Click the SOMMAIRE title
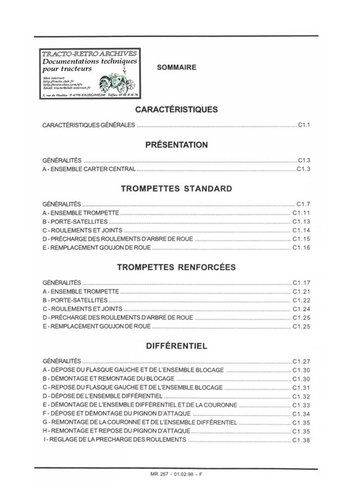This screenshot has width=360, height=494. click(x=176, y=67)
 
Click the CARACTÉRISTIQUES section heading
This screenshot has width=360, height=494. click(x=176, y=109)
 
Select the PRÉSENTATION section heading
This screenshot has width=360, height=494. click(x=176, y=145)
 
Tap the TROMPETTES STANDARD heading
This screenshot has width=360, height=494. click(x=176, y=189)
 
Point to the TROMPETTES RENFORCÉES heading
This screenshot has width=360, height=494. click(x=176, y=267)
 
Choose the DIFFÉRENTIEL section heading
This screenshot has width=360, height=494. click(x=176, y=347)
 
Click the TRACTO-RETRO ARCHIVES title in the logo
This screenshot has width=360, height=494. click(x=89, y=53)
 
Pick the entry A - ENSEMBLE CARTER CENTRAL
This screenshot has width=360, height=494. click(x=89, y=169)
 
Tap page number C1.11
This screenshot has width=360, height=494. click(x=301, y=213)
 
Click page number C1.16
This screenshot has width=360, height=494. click(x=301, y=248)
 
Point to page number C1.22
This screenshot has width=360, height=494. click(x=301, y=300)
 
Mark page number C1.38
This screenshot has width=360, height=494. click(x=301, y=441)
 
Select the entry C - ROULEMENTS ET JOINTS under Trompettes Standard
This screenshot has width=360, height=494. click(x=82, y=230)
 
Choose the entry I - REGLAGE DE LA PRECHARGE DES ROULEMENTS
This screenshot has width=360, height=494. click(x=115, y=440)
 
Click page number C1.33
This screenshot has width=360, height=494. click(x=301, y=405)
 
